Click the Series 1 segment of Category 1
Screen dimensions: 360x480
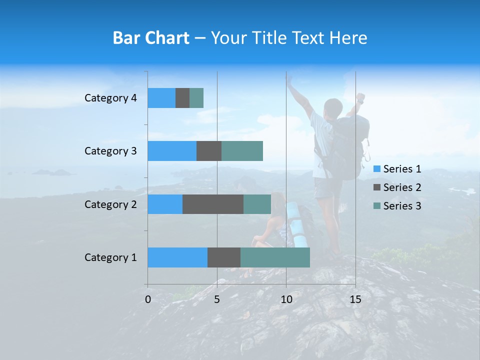pos(177,257)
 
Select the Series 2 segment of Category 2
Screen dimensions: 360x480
pos(213,204)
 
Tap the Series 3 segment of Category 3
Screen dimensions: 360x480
pos(242,151)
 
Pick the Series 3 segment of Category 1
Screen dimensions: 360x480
pos(275,257)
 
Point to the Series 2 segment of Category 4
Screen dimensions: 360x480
pos(182,98)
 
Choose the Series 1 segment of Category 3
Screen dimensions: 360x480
pos(172,151)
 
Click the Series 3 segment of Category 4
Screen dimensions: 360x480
pos(196,98)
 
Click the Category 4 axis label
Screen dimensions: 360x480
pos(110,98)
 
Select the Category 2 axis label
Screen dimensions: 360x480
pos(110,204)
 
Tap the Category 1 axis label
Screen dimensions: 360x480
pos(110,257)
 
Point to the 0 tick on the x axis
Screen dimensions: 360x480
pos(148,300)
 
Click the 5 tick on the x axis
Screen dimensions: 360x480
pos(217,300)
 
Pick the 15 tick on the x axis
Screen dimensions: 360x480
pos(355,300)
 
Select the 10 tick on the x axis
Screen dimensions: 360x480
pos(286,300)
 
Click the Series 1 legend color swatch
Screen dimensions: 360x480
pos(377,169)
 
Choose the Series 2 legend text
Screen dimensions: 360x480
pos(402,187)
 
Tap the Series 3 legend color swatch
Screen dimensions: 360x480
pos(377,206)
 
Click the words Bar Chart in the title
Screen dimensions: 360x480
pos(151,38)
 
